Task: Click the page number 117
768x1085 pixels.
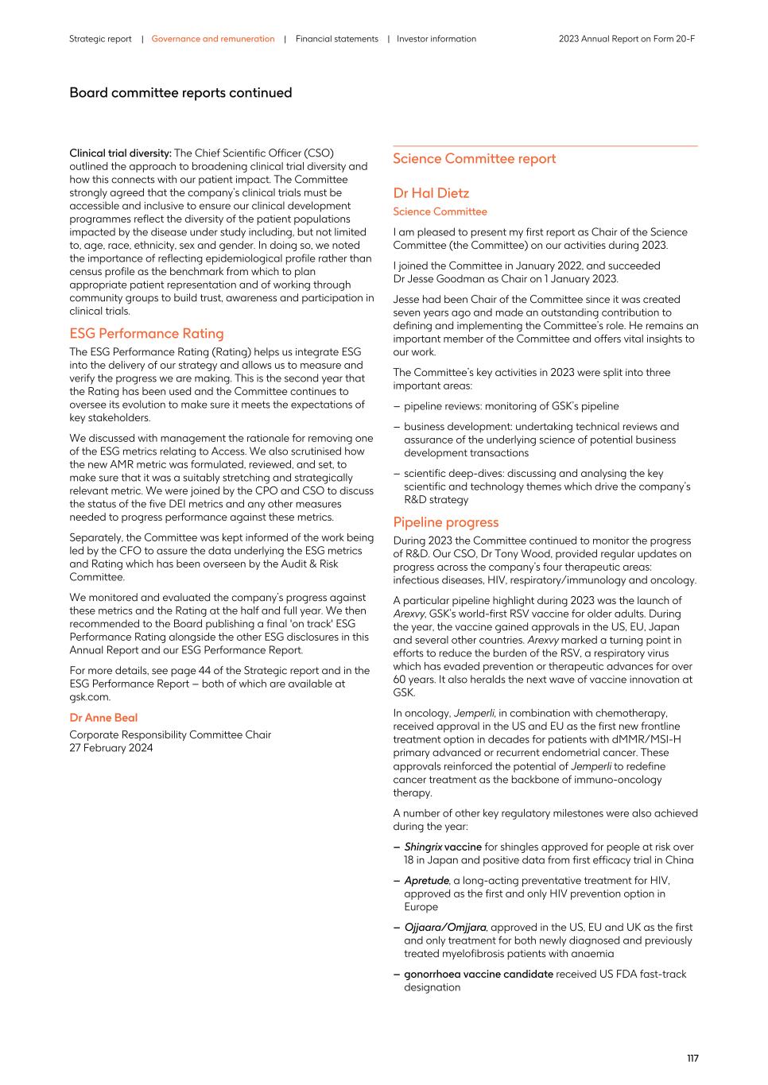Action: (692, 1058)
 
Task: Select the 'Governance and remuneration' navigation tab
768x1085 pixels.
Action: (212, 39)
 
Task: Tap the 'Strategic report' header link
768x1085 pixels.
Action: (100, 39)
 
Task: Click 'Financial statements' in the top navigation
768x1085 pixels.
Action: (336, 39)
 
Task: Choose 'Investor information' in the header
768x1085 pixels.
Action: (436, 39)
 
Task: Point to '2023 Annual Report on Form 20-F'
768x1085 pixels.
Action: (626, 39)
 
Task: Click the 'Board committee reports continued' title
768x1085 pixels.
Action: (180, 93)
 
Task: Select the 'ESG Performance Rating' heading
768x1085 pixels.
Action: (146, 334)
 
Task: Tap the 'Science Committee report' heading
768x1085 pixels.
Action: (474, 159)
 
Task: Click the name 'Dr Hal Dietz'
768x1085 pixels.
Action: (431, 193)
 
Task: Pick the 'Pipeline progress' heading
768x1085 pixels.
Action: (445, 522)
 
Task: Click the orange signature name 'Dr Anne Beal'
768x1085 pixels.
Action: (103, 718)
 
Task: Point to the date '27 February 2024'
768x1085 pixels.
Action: (111, 748)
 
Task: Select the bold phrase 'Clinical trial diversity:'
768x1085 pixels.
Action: (120, 153)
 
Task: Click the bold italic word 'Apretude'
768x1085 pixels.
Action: (426, 881)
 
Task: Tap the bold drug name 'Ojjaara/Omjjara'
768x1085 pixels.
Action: (444, 928)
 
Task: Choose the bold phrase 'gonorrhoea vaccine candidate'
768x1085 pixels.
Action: (478, 975)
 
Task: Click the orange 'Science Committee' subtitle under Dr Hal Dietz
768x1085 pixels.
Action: (440, 211)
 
